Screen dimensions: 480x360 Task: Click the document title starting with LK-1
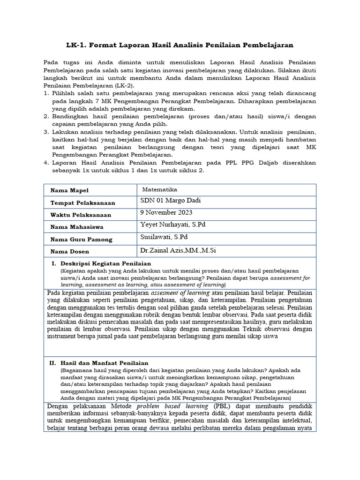click(180, 45)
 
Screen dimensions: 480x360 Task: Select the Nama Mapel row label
click(69, 190)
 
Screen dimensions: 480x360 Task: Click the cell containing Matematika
click(160, 189)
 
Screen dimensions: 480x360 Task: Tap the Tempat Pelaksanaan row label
click(82, 203)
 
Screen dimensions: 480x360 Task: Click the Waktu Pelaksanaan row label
click(81, 215)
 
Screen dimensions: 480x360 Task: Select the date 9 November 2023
click(166, 212)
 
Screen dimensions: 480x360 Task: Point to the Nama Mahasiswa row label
click(78, 227)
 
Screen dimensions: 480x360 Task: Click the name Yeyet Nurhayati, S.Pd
click(173, 225)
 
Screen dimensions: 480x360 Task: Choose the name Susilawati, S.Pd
click(164, 237)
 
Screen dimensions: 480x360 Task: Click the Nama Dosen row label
click(70, 252)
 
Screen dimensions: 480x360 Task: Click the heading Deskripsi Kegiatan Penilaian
click(105, 264)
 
